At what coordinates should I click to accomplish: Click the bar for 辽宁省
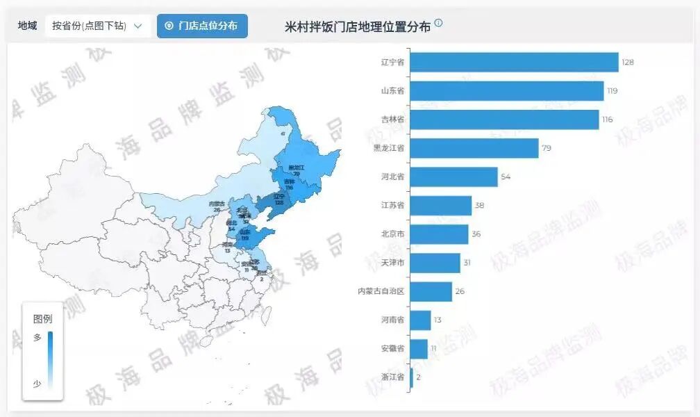[514, 62]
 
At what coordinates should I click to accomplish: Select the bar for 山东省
[507, 91]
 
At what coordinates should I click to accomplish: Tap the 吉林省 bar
[504, 120]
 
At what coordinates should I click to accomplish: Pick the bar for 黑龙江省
[474, 148]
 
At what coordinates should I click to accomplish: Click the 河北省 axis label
[393, 177]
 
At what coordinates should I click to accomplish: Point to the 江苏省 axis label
[393, 206]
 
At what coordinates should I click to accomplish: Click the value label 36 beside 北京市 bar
[476, 234]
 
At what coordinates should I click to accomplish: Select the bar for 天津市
[435, 263]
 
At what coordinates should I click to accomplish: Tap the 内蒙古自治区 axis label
[381, 291]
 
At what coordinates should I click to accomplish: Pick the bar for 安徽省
[419, 348]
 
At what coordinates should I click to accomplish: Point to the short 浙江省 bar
[412, 377]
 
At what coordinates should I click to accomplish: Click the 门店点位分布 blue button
[202, 26]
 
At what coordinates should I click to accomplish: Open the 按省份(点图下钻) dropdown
[97, 26]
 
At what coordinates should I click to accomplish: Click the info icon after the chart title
[438, 23]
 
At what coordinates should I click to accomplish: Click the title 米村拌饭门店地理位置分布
[358, 26]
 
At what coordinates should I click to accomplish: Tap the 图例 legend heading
[42, 319]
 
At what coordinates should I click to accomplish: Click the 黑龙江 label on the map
[297, 167]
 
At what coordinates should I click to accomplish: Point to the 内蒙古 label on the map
[217, 204]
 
